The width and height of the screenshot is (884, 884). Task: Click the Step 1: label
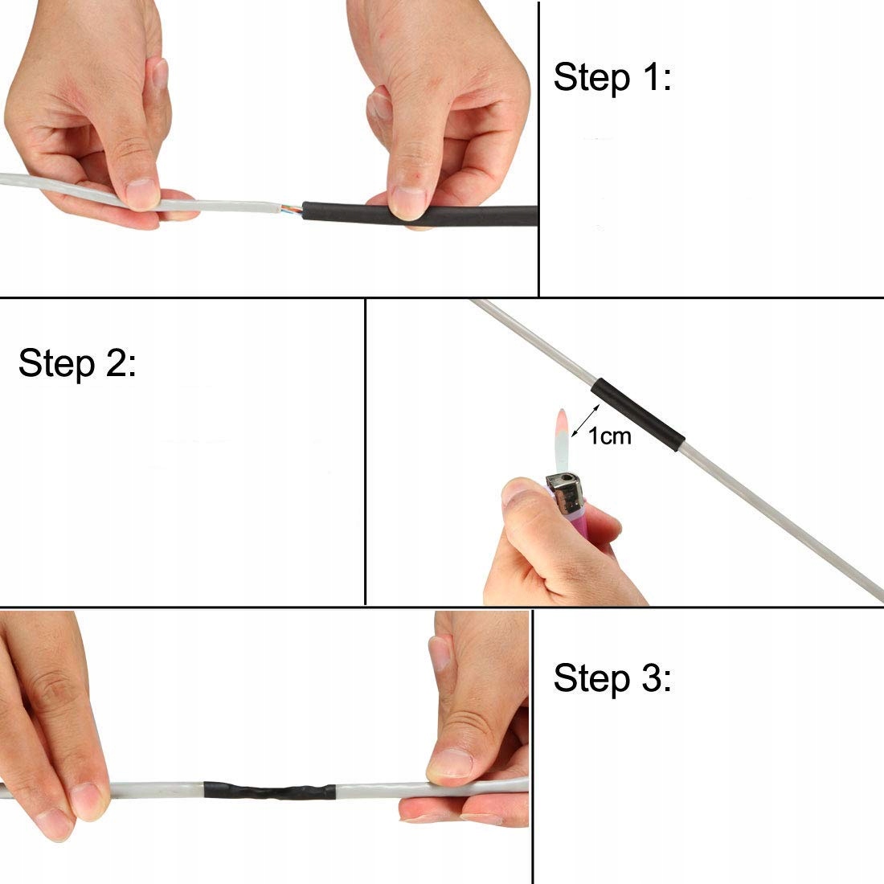(613, 77)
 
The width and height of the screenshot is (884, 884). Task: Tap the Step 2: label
(77, 363)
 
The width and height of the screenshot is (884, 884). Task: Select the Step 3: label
(613, 677)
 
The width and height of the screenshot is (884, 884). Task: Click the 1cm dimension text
(609, 436)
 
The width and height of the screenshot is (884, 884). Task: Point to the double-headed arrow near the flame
(585, 420)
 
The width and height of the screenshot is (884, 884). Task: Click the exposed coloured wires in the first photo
(291, 210)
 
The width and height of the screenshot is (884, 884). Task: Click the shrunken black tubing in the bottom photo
(269, 791)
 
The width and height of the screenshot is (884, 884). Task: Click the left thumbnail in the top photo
(141, 194)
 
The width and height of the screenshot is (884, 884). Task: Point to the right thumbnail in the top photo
(408, 201)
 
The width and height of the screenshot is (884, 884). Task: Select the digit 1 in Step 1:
(651, 77)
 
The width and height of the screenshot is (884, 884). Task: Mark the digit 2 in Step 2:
(117, 363)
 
